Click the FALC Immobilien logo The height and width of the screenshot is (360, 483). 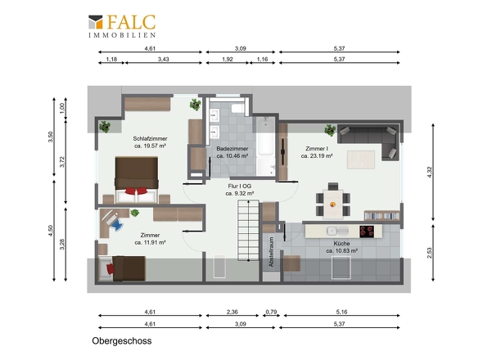pyautogui.click(x=122, y=26)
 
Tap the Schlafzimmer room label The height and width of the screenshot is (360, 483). pyautogui.click(x=150, y=138)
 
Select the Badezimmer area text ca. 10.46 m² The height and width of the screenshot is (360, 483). pyautogui.click(x=232, y=155)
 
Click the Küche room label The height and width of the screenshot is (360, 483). pyautogui.click(x=341, y=243)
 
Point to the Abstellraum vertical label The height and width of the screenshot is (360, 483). pyautogui.click(x=271, y=252)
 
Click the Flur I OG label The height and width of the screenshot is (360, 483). pyautogui.click(x=239, y=186)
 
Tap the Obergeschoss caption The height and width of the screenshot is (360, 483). pyautogui.click(x=122, y=341)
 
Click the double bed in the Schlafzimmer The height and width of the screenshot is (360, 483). pyautogui.click(x=137, y=179)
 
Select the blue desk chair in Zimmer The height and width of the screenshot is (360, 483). pyautogui.click(x=116, y=223)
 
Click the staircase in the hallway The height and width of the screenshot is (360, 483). pyautogui.click(x=248, y=231)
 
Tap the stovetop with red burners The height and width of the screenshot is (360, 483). pyautogui.click(x=367, y=232)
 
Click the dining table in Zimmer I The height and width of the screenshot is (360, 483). pyautogui.click(x=332, y=205)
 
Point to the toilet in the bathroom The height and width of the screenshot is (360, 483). pyautogui.click(x=238, y=108)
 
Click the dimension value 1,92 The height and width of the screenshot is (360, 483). pyautogui.click(x=228, y=59)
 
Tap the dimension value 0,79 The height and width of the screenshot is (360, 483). pyautogui.click(x=271, y=312)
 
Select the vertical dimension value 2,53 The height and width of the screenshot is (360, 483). pyautogui.click(x=430, y=253)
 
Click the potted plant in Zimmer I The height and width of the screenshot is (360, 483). pyautogui.click(x=330, y=130)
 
